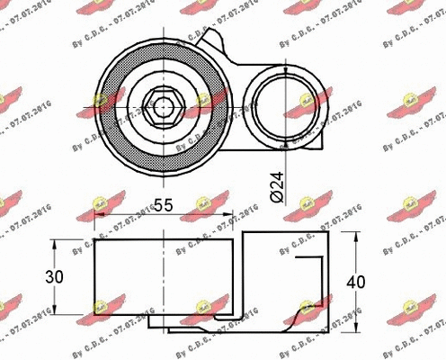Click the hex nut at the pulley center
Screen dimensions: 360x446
click(x=162, y=106)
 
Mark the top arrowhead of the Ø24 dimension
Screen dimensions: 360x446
click(x=285, y=73)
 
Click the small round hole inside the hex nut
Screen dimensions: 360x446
click(x=162, y=106)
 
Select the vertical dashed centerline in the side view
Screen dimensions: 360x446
click(x=164, y=279)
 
